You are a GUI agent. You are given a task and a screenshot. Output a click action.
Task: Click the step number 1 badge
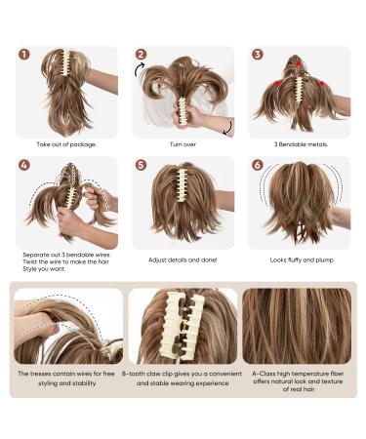[x=24, y=55]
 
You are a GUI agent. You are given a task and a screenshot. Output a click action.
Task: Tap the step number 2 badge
[x=141, y=55]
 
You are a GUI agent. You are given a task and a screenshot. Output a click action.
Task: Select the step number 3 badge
[x=257, y=55]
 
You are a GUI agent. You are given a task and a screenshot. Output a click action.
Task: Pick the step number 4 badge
[x=24, y=165]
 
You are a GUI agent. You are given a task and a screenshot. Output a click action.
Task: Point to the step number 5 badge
[x=141, y=165]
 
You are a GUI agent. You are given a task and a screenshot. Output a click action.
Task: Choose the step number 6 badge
[x=257, y=165]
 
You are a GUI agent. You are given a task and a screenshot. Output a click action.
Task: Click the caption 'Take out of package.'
[x=66, y=144]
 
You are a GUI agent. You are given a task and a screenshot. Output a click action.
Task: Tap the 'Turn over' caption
[x=183, y=144]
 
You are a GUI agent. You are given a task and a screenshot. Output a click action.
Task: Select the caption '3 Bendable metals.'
[x=301, y=144]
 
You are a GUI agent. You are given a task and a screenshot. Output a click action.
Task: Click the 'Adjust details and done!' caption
[x=183, y=260]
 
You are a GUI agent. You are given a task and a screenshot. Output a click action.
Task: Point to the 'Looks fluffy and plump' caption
[x=302, y=260]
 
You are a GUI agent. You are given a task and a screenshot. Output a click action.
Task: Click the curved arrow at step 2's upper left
[x=139, y=69]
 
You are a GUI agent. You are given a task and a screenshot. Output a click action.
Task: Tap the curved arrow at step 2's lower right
[x=229, y=128]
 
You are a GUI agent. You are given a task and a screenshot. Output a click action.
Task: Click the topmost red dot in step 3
[x=299, y=63]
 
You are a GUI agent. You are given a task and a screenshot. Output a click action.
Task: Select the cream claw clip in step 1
[x=67, y=64]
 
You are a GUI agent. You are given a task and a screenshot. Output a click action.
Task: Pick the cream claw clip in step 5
[x=181, y=184]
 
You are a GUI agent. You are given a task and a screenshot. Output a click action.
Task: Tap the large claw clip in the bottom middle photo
[x=184, y=325]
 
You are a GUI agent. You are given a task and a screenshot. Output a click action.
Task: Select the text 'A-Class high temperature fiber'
[x=298, y=374]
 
